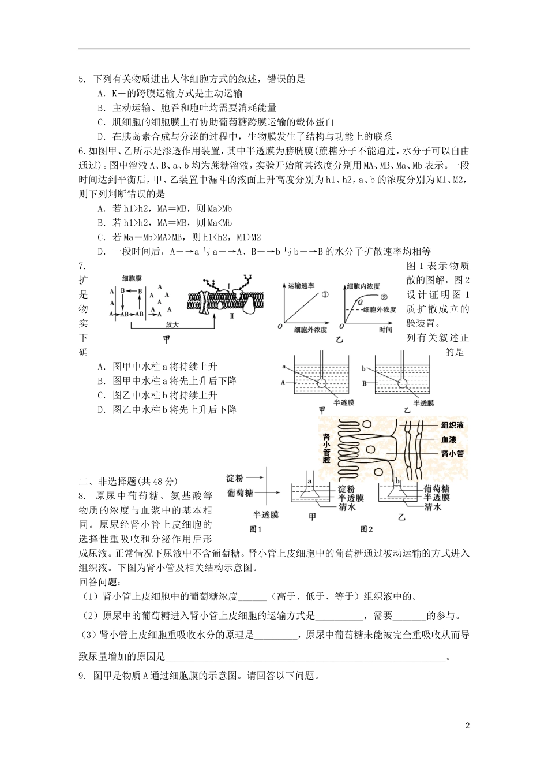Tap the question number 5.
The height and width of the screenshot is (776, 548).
coord(82,79)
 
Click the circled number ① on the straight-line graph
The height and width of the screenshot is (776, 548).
coord(325,293)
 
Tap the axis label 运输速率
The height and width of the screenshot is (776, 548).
coord(301,286)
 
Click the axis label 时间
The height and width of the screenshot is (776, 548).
coord(386,329)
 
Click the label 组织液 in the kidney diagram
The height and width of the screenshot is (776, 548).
coord(452,426)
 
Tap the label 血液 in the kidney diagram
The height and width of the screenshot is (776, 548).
coord(449,439)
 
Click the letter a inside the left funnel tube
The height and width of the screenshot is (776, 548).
coord(310,481)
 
